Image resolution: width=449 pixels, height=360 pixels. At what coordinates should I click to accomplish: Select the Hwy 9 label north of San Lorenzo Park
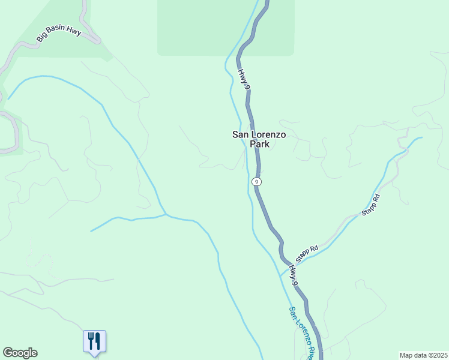(244, 80)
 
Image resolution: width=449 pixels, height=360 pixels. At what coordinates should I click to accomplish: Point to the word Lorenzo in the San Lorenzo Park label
(267, 135)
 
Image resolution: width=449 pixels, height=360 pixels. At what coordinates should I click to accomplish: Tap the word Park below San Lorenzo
(259, 145)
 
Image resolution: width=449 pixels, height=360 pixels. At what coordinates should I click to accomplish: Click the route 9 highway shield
(256, 181)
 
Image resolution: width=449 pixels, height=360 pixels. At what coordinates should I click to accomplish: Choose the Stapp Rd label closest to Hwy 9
(306, 251)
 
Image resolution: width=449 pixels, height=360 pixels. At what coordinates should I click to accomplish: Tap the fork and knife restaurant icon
(94, 341)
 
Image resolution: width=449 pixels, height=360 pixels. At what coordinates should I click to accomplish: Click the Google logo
(20, 353)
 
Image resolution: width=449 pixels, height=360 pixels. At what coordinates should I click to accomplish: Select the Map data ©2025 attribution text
(423, 355)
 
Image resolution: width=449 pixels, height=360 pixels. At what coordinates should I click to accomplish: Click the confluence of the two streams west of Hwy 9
(166, 214)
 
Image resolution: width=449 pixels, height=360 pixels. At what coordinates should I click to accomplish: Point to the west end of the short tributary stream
(91, 231)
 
